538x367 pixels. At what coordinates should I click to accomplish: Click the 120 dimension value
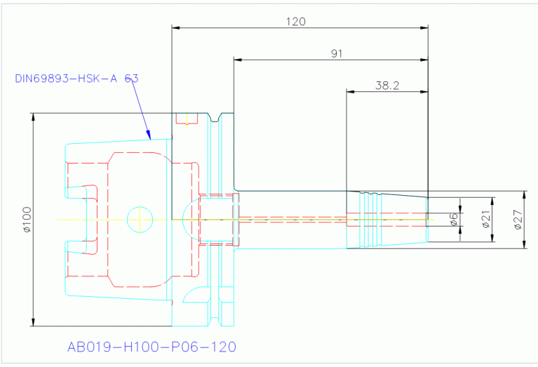tap(296, 22)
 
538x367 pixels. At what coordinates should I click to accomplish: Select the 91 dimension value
tap(337, 53)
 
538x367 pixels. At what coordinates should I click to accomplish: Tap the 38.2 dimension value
tap(387, 86)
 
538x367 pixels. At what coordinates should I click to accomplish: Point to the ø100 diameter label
tap(27, 220)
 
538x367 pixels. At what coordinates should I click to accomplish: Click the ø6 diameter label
tap(454, 220)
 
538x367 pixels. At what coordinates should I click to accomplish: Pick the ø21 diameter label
tap(486, 220)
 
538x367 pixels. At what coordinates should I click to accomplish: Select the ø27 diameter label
tap(518, 220)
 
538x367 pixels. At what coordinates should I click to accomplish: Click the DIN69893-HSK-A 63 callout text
tap(76, 79)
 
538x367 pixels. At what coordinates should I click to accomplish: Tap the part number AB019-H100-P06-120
tap(152, 347)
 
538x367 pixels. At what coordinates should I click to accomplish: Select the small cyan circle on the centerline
tap(140, 220)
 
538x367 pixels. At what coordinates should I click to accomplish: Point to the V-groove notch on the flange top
tap(215, 117)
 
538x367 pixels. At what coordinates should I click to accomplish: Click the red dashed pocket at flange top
tap(187, 119)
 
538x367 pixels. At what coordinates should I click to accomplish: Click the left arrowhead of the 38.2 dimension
tap(351, 92)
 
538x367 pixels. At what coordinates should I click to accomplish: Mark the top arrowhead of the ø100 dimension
tap(33, 117)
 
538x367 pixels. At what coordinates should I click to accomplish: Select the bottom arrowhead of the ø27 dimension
tap(524, 244)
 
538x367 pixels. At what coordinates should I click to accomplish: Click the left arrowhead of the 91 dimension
tap(238, 60)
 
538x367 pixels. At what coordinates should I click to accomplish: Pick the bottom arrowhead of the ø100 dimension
tap(33, 322)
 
